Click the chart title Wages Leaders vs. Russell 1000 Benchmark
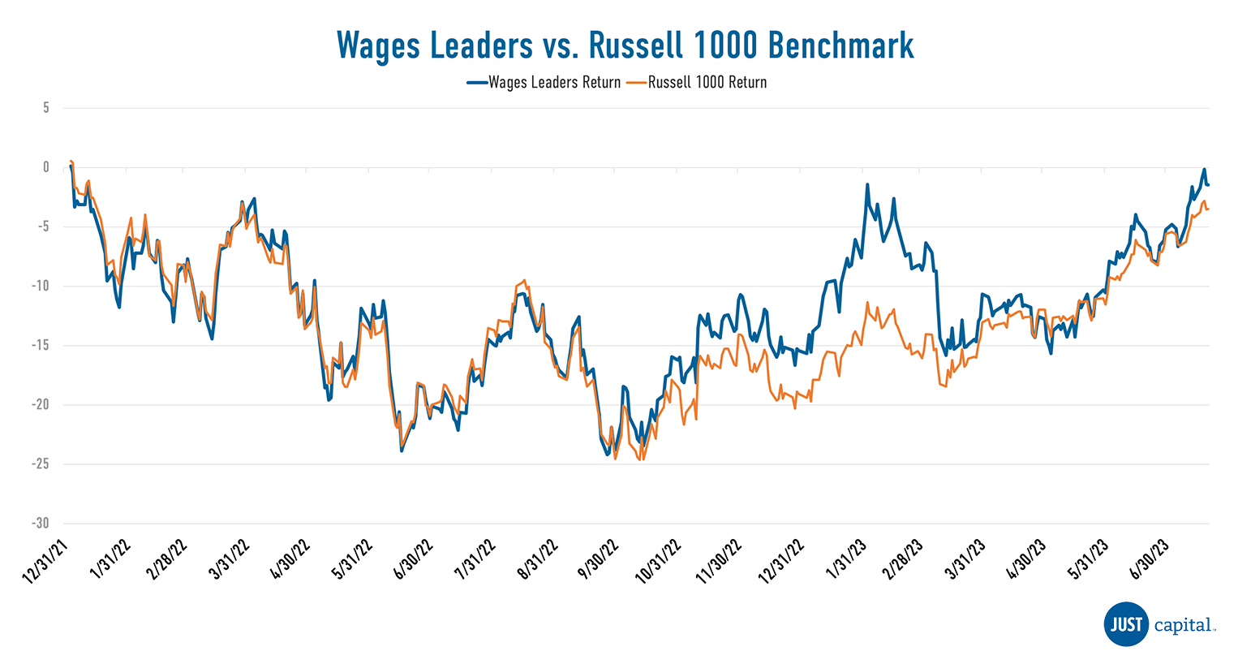tap(625, 45)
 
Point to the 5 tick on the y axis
tap(46, 108)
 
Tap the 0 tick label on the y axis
tap(46, 167)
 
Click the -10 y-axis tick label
tap(41, 286)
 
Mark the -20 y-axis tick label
tap(41, 404)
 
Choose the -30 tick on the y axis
tap(41, 523)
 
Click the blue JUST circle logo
tap(1126, 624)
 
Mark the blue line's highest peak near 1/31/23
tap(867, 184)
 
